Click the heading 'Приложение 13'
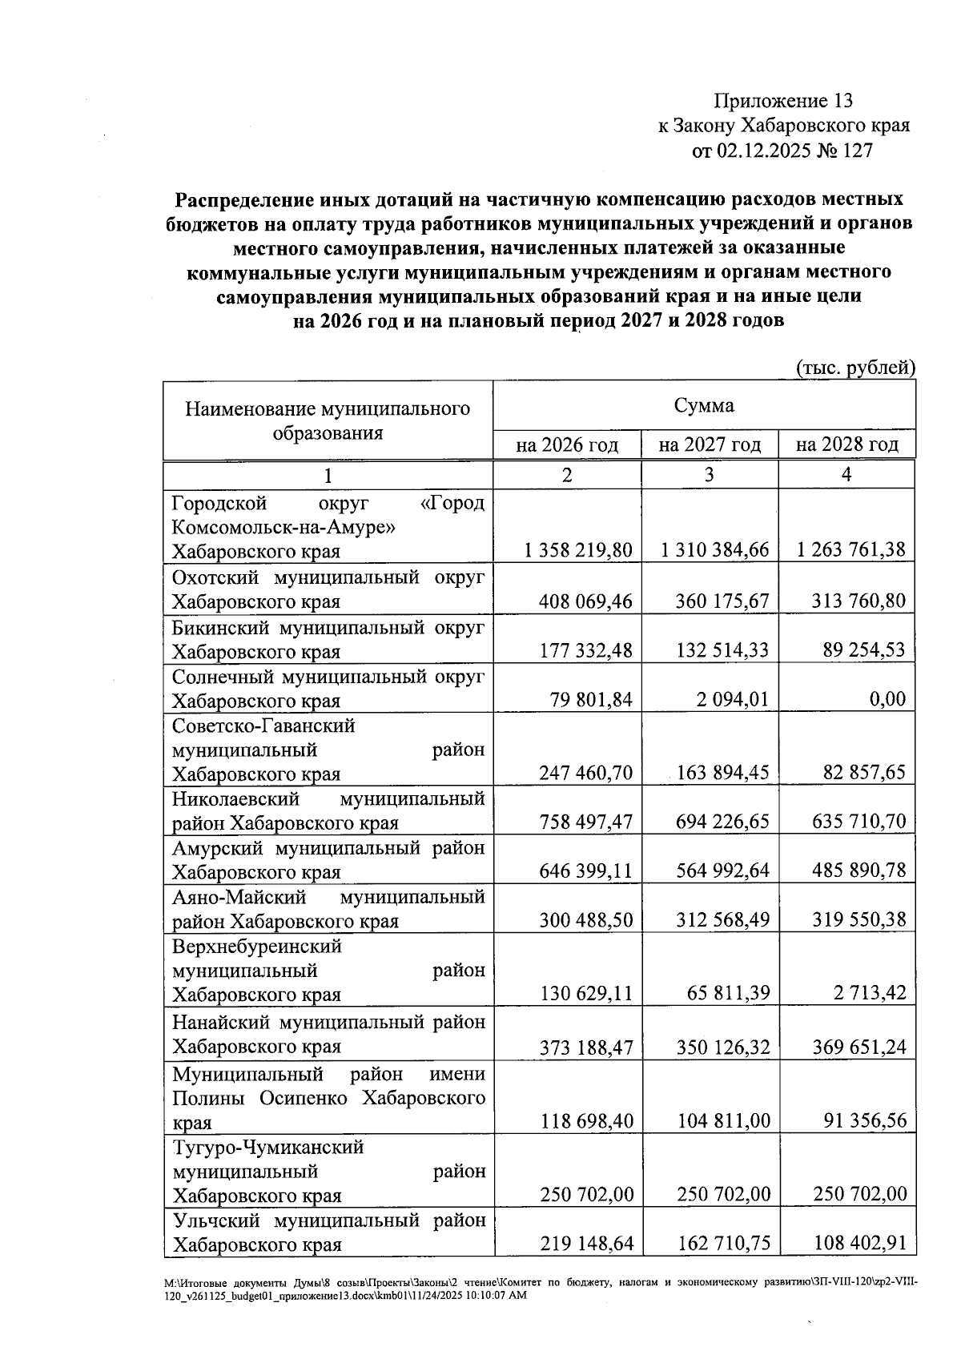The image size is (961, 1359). (783, 101)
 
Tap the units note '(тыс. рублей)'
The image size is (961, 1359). (855, 368)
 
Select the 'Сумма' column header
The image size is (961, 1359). (703, 406)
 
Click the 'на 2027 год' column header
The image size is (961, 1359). (709, 444)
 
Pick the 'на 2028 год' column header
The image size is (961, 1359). (846, 444)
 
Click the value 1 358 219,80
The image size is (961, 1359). (578, 550)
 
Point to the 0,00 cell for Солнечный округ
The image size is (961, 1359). (887, 700)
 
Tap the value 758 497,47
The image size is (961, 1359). (586, 822)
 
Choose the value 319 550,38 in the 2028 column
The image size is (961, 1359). (852, 921)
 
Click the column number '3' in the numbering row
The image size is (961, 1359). (709, 475)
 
